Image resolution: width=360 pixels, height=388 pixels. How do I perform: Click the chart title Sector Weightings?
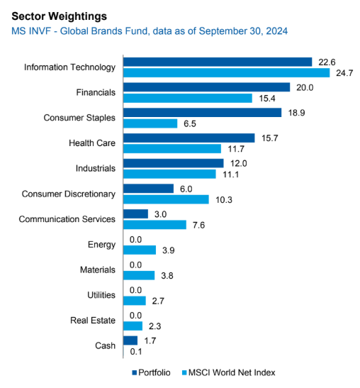(59, 15)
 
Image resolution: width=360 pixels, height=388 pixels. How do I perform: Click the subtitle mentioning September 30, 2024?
(150, 31)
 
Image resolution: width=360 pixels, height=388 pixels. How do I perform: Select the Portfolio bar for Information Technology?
(218, 62)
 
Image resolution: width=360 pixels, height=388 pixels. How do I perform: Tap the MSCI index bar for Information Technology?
(226, 73)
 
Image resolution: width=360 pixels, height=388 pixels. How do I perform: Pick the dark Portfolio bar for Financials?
(207, 87)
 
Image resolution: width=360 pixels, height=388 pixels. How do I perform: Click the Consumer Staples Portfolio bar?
(203, 112)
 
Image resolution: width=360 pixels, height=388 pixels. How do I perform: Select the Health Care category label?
(91, 143)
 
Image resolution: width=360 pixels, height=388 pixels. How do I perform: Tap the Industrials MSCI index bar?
(169, 174)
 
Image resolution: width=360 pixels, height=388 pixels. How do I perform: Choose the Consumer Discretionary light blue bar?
(166, 199)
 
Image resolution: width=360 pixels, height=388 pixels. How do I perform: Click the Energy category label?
(101, 244)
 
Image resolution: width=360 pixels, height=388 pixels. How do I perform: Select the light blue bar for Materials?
(139, 275)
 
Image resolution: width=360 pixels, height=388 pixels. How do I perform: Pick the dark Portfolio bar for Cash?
(130, 340)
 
